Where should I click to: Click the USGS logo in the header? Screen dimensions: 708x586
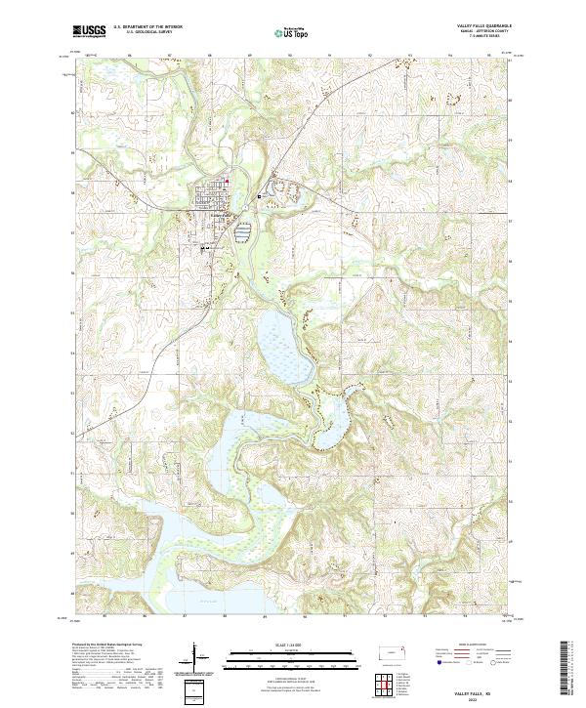(x=90, y=31)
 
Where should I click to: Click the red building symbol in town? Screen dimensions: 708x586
(x=228, y=180)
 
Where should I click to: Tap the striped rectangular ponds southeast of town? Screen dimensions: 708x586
(x=242, y=231)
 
